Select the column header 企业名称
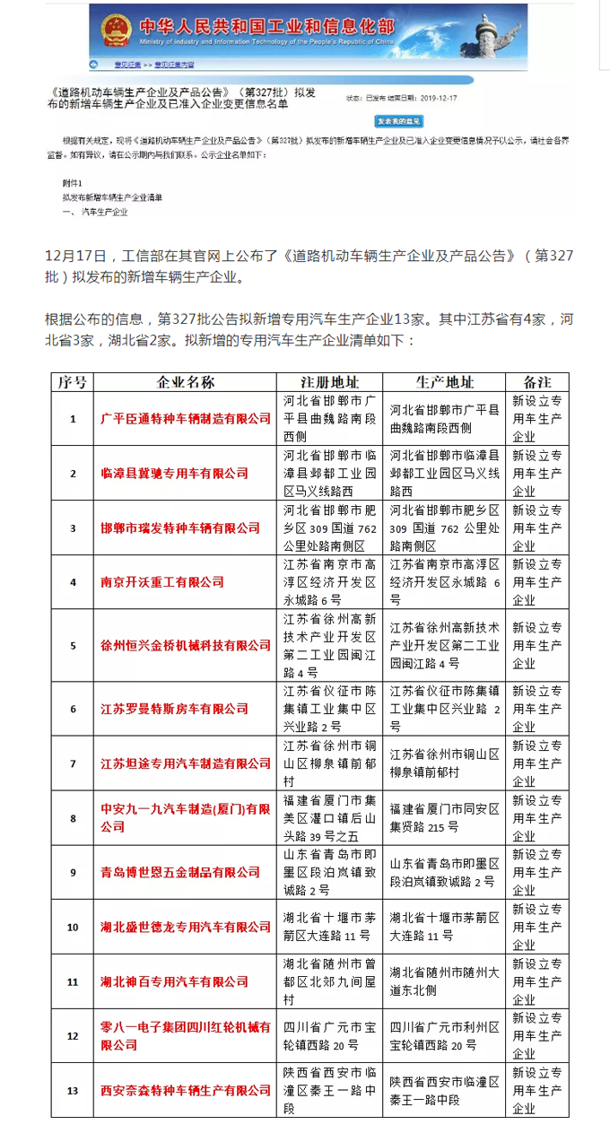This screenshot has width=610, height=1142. (186, 382)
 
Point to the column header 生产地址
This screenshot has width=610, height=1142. (445, 382)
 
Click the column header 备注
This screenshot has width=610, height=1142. (536, 382)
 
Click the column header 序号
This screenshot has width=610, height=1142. (72, 382)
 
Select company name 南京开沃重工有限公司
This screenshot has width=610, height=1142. (162, 582)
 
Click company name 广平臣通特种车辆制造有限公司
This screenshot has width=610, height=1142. (186, 419)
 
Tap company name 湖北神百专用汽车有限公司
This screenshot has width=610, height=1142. (174, 981)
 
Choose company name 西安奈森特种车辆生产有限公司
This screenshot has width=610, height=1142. (186, 1090)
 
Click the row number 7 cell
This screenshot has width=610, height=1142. (72, 763)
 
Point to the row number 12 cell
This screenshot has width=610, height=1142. (72, 1035)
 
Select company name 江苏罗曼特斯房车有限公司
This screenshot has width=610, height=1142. (174, 709)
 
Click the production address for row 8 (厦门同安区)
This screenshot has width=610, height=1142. (445, 817)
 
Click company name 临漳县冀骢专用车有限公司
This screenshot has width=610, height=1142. (174, 473)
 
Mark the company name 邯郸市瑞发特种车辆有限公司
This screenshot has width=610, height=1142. (174, 527)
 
